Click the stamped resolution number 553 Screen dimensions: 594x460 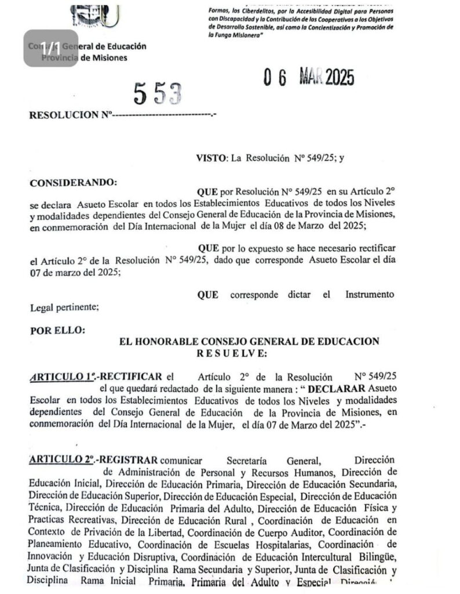coord(158,92)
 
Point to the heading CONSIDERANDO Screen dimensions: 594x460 coord(72,182)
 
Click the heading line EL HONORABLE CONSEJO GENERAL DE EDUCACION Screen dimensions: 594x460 coord(249,342)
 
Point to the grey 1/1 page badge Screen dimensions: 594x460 coord(50,48)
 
